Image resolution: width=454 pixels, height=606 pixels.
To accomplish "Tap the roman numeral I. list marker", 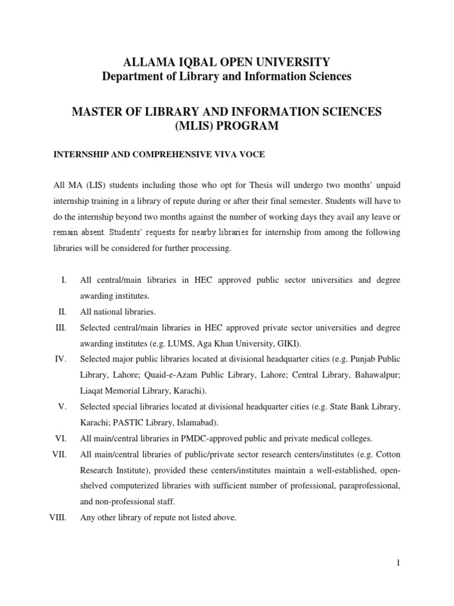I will pos(63,280).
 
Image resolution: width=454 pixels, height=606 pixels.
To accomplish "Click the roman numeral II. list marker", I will pos(62,311).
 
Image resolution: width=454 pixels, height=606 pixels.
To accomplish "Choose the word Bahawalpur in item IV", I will pos(376,375).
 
